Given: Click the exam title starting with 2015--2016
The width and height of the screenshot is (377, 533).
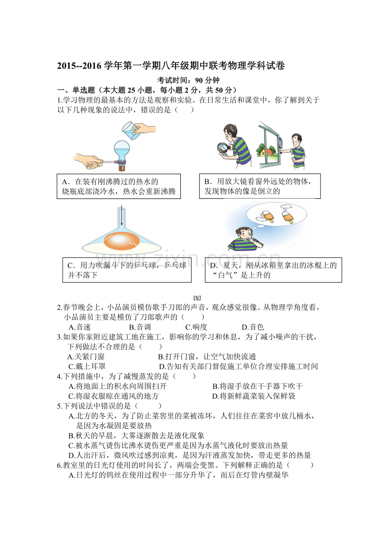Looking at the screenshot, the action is tap(171, 65).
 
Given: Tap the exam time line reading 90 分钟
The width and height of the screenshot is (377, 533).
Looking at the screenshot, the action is tap(188, 80).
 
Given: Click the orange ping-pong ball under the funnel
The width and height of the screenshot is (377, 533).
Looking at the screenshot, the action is tap(121, 241).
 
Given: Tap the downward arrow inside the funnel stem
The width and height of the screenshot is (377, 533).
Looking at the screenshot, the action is tap(122, 216).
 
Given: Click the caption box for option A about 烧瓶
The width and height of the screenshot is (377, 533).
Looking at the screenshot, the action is tap(118, 186).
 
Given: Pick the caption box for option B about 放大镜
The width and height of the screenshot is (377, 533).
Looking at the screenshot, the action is tap(260, 186).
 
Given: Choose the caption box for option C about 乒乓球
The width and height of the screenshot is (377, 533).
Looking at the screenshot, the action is tap(127, 270).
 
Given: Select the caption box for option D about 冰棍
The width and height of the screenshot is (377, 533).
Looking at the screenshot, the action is tap(273, 270).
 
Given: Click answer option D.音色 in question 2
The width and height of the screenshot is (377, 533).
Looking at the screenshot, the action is tap(253, 327).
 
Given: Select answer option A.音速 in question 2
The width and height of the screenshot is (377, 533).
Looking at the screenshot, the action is tap(79, 327).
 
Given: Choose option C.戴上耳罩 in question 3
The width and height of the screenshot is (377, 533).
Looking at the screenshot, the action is tap(87, 366).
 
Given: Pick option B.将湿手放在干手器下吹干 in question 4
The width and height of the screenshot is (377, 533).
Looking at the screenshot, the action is tap(257, 386).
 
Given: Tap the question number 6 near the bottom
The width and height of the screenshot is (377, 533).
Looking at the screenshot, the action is tap(59, 465).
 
